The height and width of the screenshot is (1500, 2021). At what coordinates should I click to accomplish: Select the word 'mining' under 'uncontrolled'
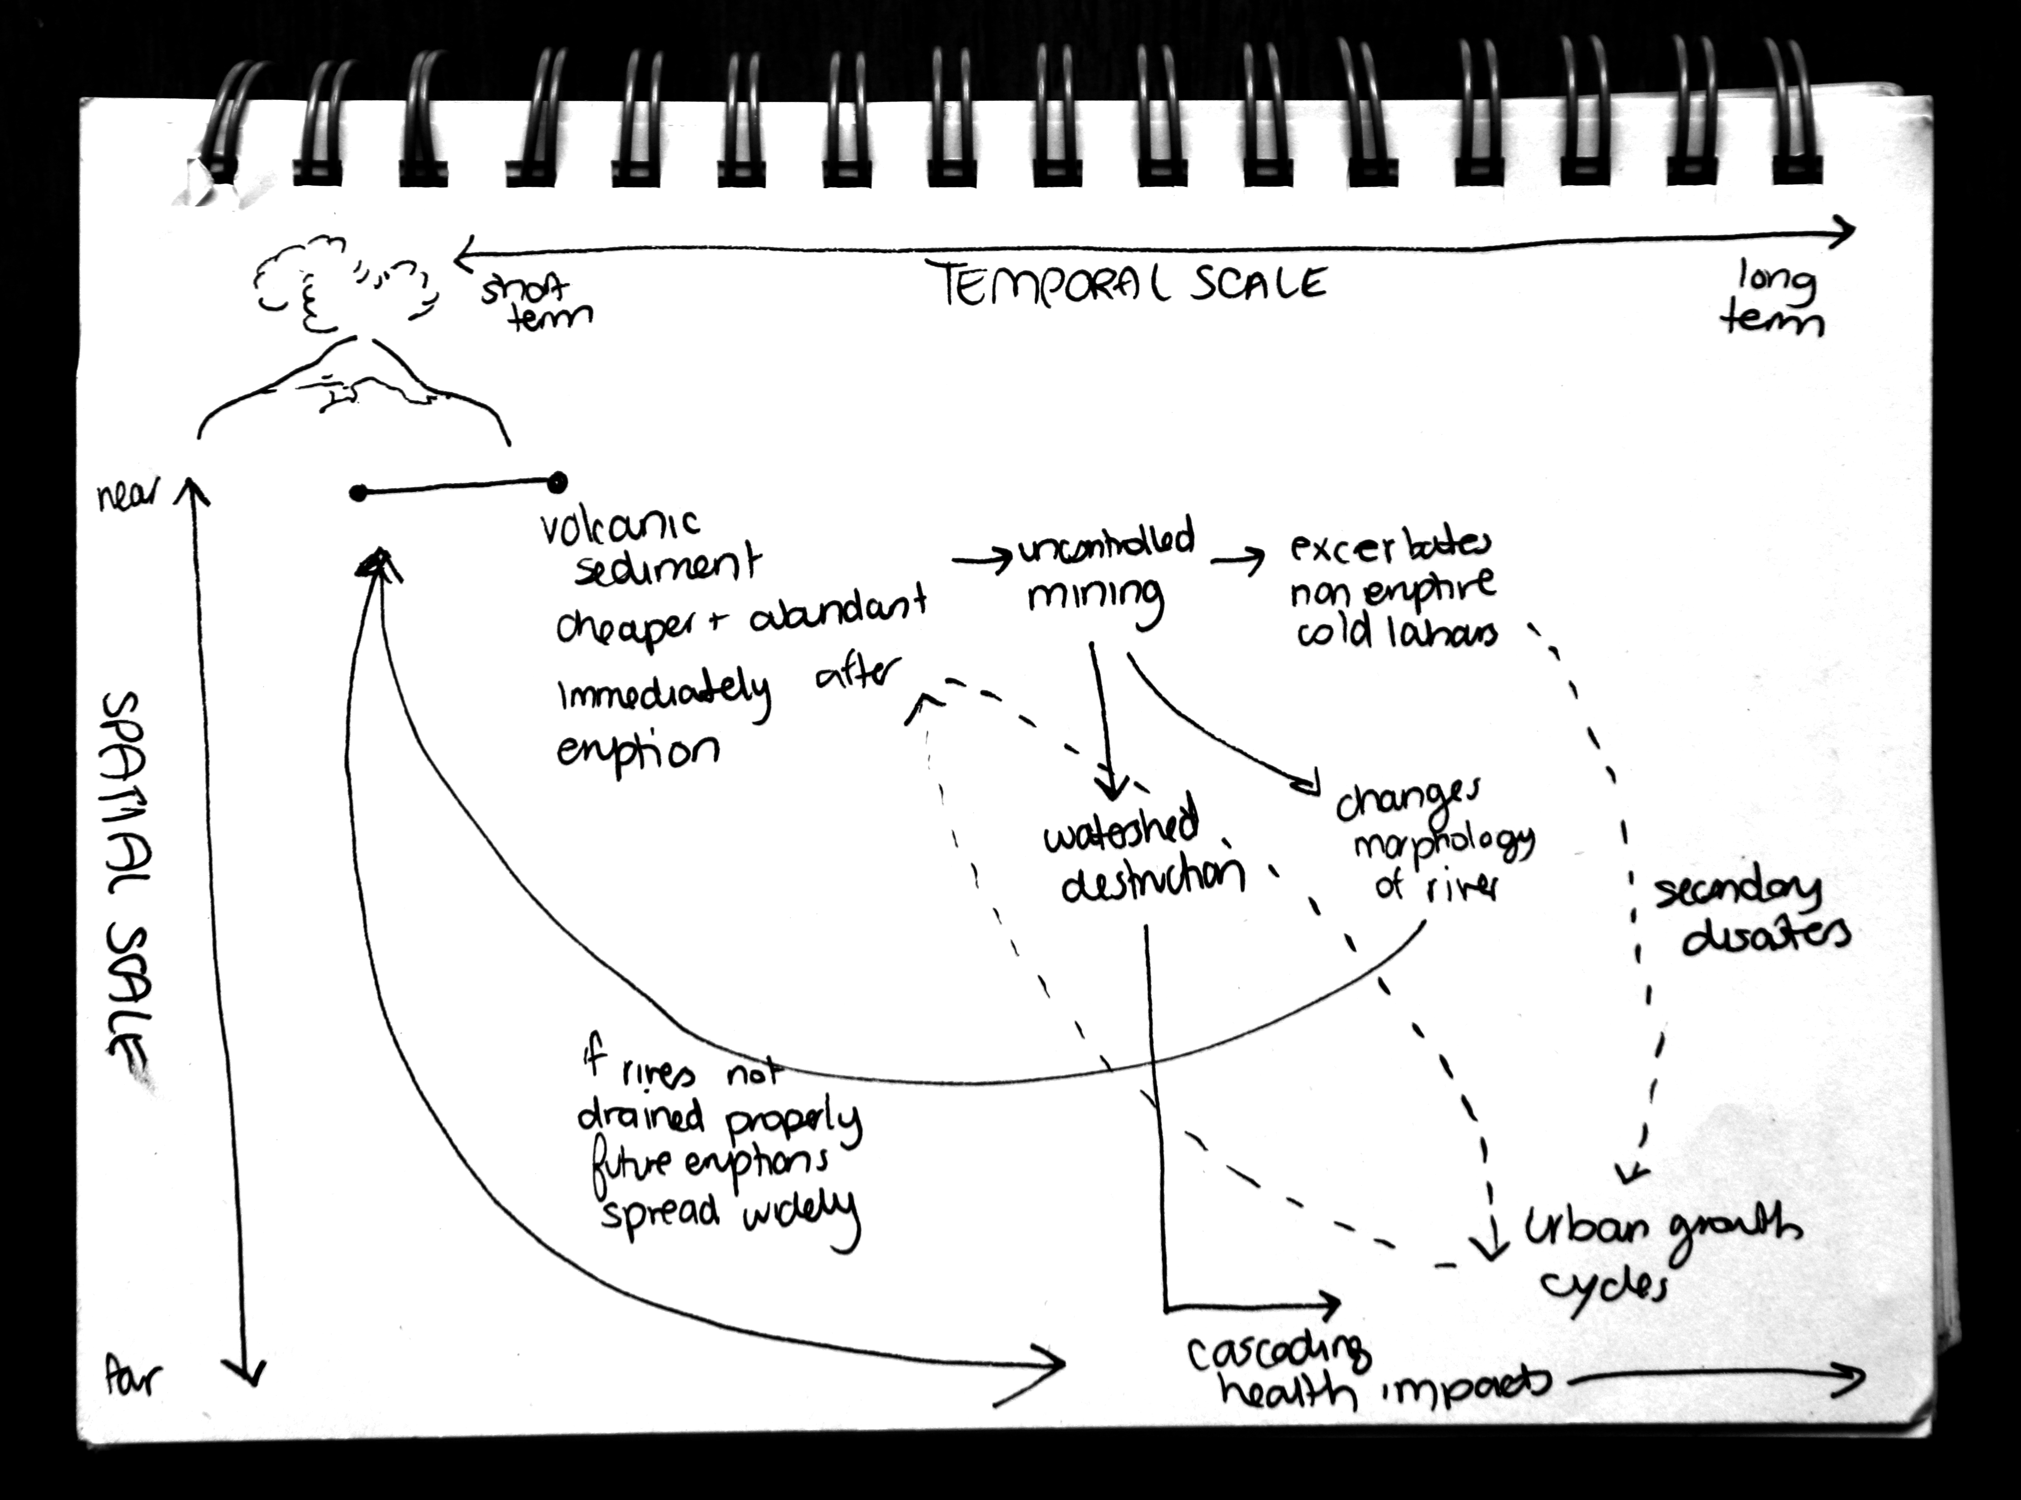pos(1094,599)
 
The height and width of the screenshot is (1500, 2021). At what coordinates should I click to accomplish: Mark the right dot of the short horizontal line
pos(557,481)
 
